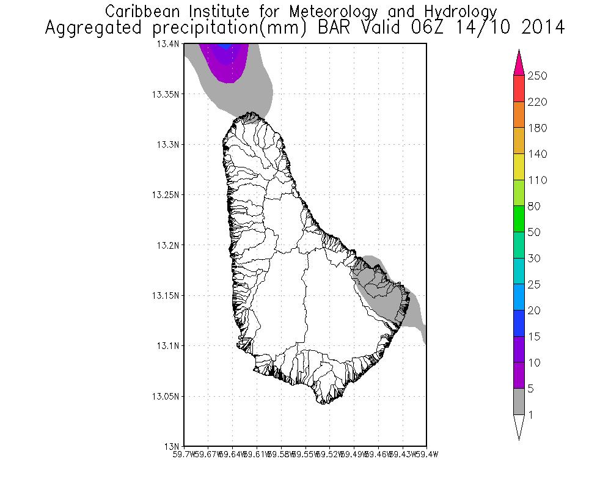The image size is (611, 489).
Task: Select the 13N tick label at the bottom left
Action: pos(174,446)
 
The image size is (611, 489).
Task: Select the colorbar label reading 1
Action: pos(532,415)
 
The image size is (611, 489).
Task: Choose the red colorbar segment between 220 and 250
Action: pos(519,89)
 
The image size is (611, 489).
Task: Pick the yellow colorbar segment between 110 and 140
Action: pos(519,167)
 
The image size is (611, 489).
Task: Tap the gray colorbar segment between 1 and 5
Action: pos(519,402)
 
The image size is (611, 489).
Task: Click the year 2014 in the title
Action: pos(538,28)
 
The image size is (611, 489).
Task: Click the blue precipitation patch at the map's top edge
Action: pos(225,46)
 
